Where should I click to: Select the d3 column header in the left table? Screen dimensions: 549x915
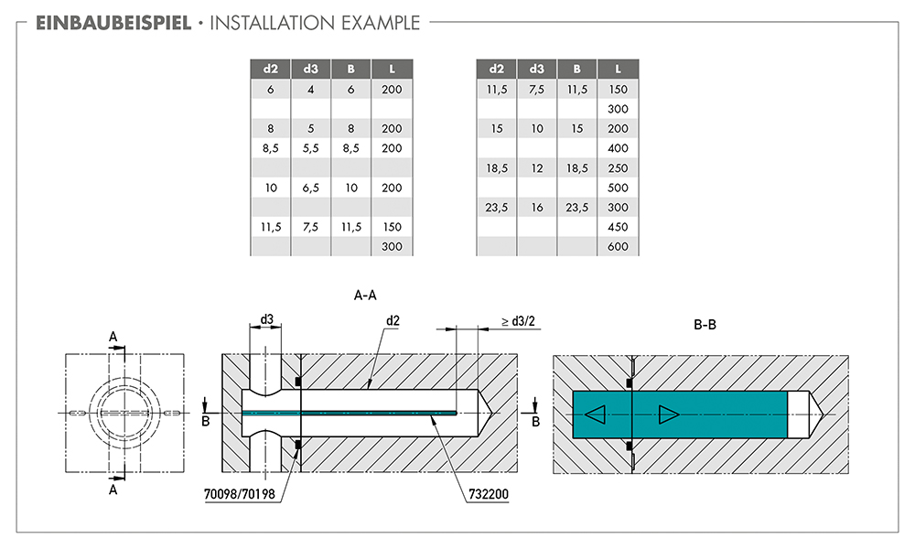point(310,69)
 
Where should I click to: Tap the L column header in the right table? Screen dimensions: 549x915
point(618,69)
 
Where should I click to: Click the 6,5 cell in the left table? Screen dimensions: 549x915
point(310,188)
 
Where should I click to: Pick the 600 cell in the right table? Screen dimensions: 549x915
point(618,246)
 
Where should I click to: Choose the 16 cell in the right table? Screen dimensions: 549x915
point(537,208)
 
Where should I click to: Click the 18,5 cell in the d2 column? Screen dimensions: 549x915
point(497,168)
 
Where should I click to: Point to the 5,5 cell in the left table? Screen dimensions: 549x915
point(310,148)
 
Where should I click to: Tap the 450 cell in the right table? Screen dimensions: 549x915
point(618,227)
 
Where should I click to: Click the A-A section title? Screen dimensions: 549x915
point(365,296)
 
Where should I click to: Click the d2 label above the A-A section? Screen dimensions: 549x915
point(393,321)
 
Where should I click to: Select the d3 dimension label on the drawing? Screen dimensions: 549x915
point(266,320)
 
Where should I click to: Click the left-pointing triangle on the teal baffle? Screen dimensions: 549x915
point(595,414)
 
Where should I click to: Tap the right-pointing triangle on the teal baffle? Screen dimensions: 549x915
point(667,414)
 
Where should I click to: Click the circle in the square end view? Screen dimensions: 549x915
point(124,414)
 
